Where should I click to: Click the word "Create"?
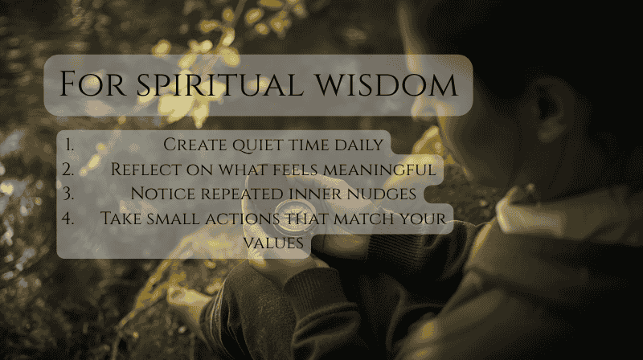[193, 145]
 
